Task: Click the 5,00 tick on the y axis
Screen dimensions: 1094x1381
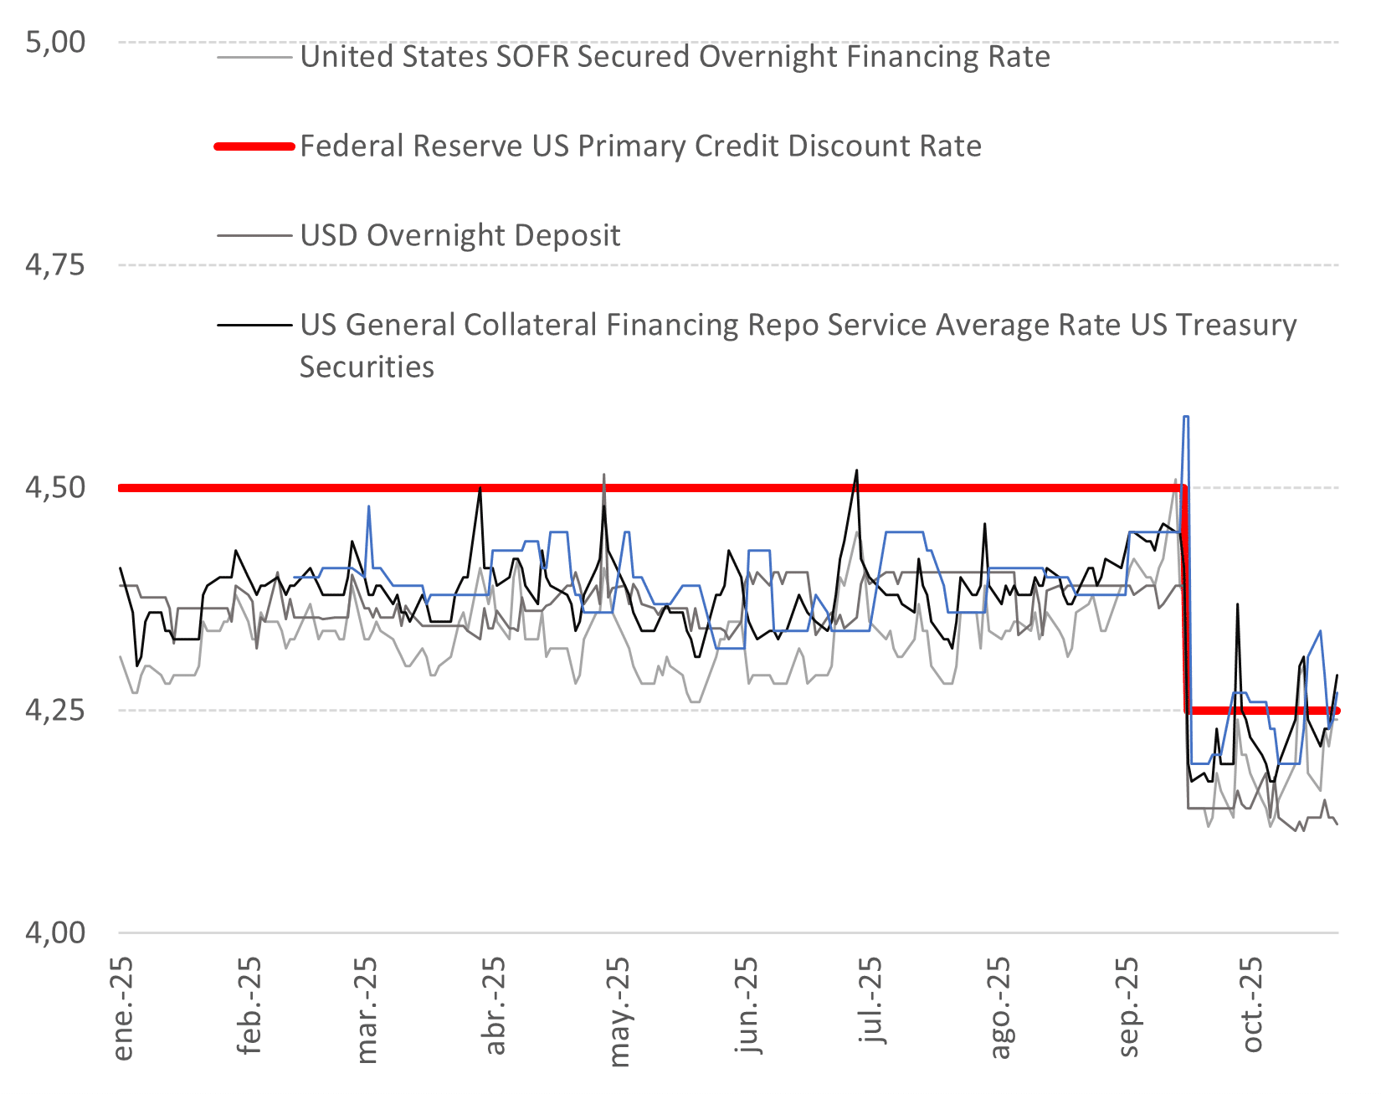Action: click(x=55, y=42)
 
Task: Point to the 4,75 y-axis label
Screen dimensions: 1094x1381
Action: click(x=55, y=265)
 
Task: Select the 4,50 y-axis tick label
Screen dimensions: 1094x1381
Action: click(x=55, y=487)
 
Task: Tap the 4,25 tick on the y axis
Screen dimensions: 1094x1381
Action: click(x=55, y=710)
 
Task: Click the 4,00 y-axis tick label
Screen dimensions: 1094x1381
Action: click(x=55, y=932)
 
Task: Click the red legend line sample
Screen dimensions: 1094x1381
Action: click(x=254, y=146)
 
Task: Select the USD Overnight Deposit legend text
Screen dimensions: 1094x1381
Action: click(x=460, y=235)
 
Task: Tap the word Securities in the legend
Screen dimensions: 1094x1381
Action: click(x=367, y=367)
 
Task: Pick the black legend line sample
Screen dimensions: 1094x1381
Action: click(x=254, y=325)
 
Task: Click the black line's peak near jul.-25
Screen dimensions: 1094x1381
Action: click(x=856, y=470)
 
